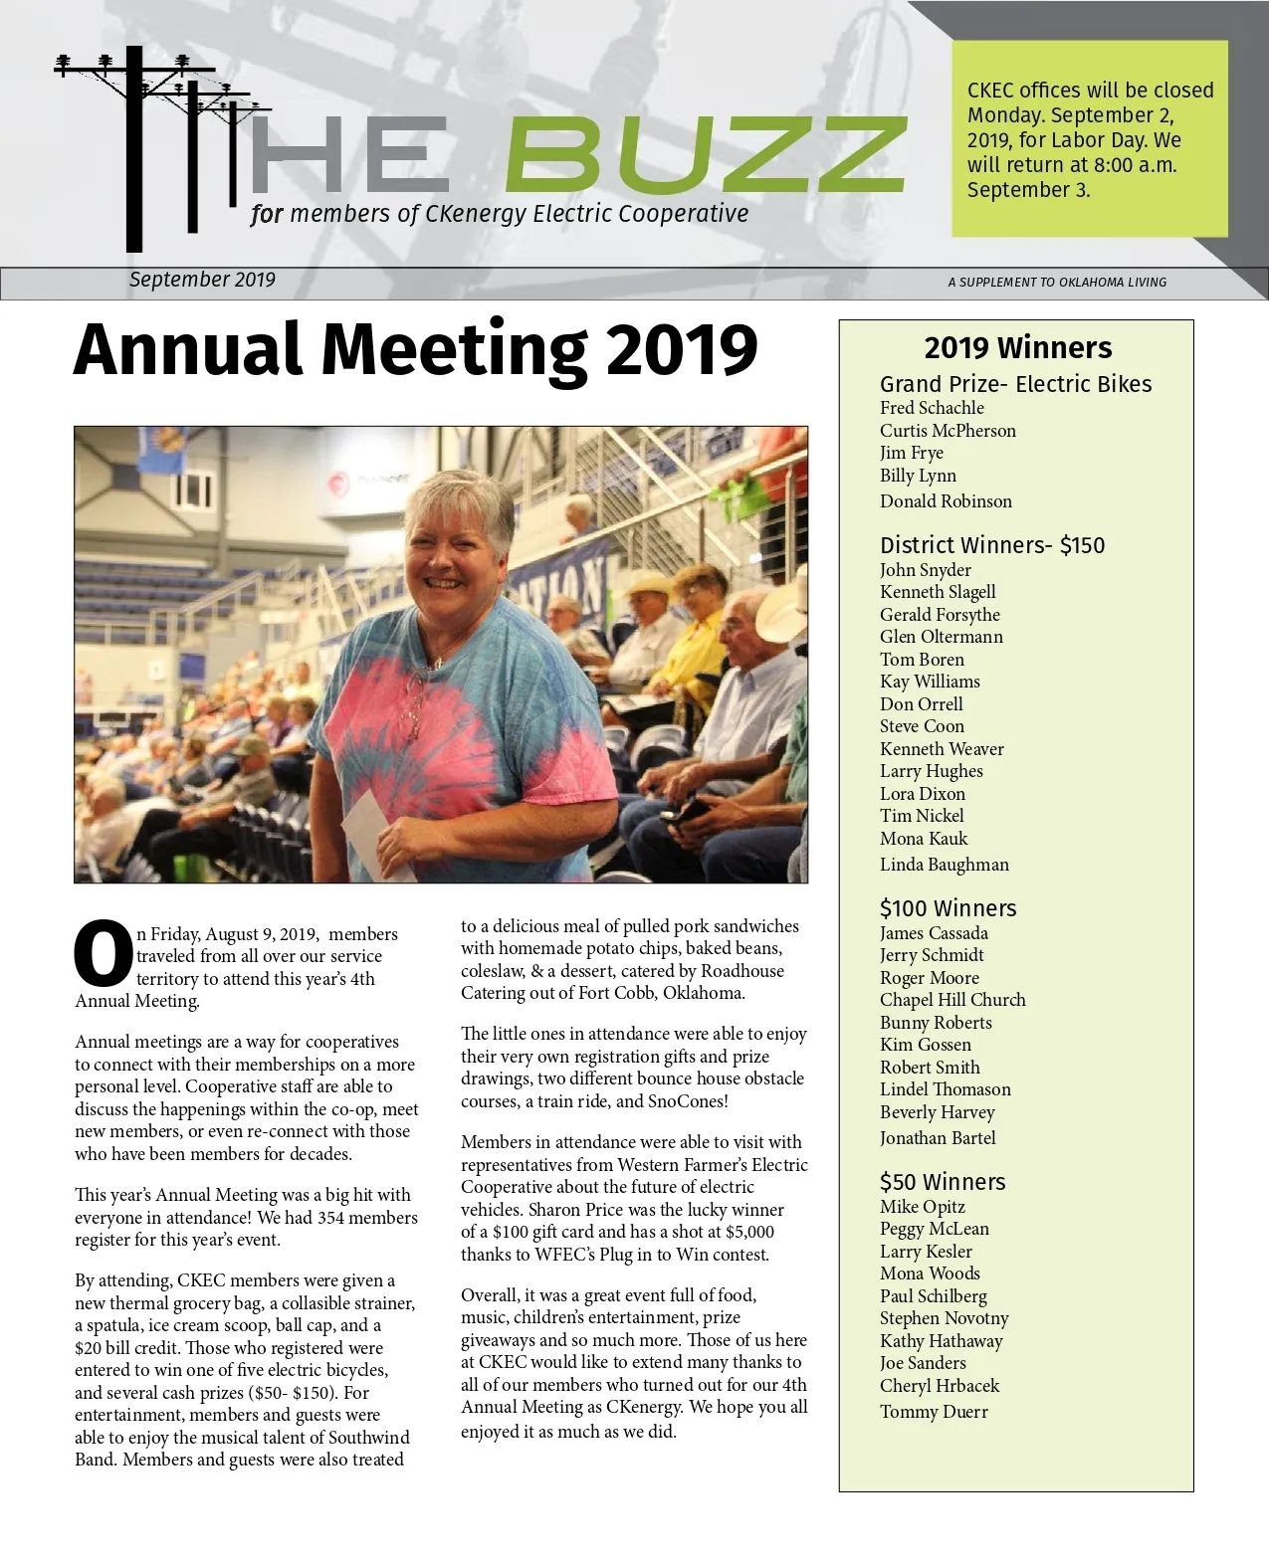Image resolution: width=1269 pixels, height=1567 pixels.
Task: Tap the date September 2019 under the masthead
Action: (202, 280)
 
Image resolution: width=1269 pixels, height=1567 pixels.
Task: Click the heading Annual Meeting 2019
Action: (415, 350)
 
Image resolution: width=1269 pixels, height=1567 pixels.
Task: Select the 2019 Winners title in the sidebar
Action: (1017, 348)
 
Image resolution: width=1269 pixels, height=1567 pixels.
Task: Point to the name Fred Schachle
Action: (932, 408)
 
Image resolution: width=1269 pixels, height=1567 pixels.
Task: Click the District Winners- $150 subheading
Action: (991, 545)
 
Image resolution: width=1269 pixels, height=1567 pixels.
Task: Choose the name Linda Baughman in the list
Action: (944, 865)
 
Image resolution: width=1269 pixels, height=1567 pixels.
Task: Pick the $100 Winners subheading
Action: (948, 908)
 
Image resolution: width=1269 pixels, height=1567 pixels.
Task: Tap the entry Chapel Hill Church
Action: (952, 1000)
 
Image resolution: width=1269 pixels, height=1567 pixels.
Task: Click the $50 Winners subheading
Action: (942, 1182)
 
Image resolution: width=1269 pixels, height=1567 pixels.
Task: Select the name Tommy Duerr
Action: (934, 1412)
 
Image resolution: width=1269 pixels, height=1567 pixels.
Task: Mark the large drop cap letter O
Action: (103, 954)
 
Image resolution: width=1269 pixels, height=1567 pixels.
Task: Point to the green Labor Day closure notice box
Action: (1089, 138)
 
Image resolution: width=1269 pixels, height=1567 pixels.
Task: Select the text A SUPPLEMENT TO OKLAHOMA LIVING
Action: (1057, 283)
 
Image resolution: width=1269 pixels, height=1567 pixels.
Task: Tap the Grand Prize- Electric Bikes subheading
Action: (1015, 384)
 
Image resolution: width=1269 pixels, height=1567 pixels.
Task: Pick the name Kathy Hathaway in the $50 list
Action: (941, 1341)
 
